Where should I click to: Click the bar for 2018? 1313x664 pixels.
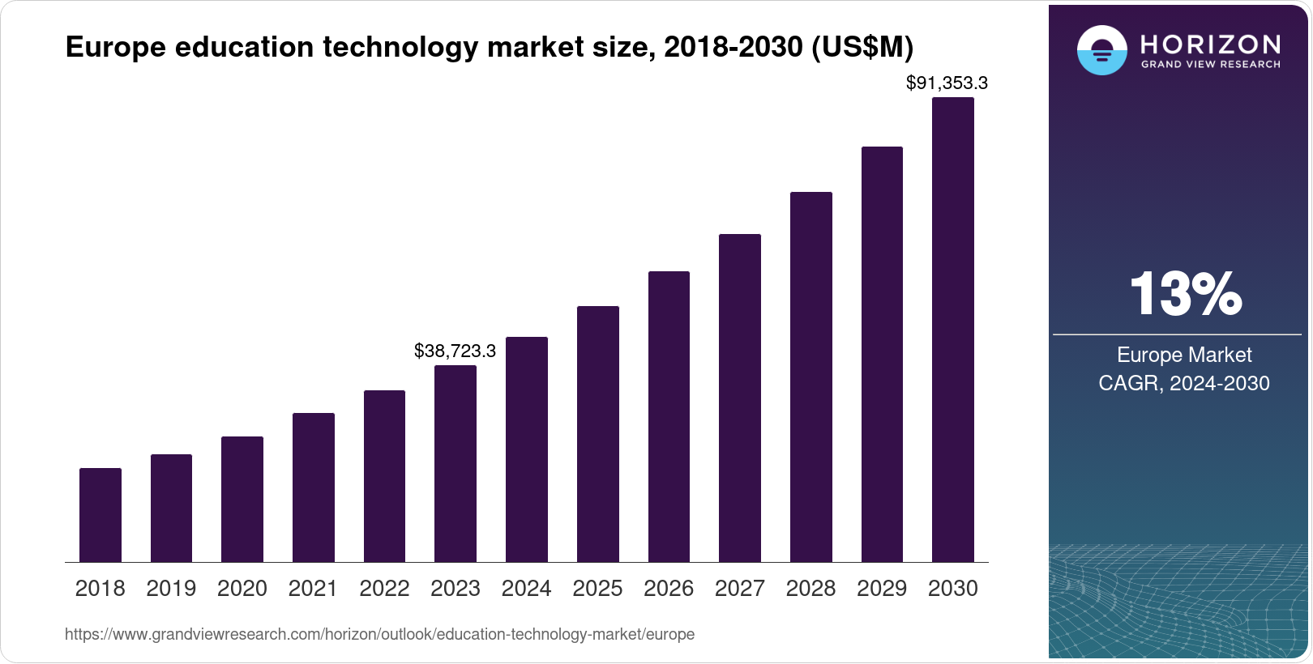(x=101, y=515)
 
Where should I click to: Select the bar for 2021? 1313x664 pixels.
(x=314, y=487)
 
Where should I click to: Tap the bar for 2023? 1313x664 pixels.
(x=455, y=463)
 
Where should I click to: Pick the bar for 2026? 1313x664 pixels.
(x=669, y=416)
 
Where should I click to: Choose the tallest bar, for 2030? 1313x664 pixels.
(x=953, y=330)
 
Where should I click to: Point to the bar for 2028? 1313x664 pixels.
(x=811, y=377)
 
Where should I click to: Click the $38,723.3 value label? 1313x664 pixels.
(x=455, y=351)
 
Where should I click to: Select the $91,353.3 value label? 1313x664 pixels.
(x=947, y=83)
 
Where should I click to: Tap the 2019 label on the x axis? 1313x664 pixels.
(x=171, y=589)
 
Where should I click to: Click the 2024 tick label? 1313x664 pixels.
(x=527, y=589)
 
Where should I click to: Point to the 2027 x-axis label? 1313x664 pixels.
(x=740, y=589)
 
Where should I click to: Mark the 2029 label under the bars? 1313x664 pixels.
(x=882, y=589)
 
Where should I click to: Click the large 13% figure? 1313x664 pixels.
(x=1185, y=294)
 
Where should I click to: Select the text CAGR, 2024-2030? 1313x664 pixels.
(x=1184, y=383)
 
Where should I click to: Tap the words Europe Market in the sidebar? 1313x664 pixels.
(x=1184, y=355)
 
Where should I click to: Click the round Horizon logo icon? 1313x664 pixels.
(x=1101, y=50)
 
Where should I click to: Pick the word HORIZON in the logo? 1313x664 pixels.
(x=1210, y=44)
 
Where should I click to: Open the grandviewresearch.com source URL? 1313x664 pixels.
(x=379, y=634)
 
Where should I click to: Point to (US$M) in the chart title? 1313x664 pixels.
(x=862, y=47)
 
